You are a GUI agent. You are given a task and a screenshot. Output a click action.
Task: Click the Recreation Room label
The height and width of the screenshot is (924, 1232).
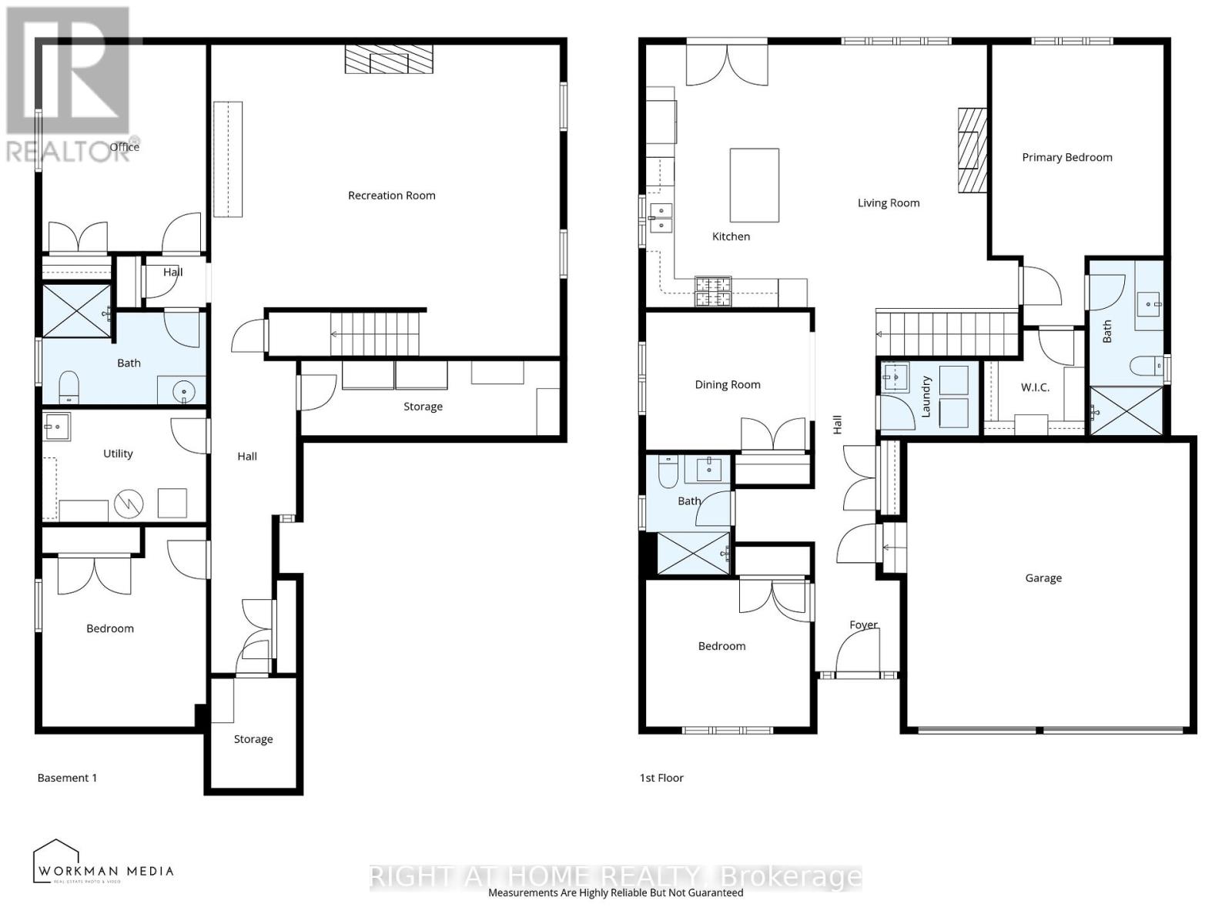[391, 196]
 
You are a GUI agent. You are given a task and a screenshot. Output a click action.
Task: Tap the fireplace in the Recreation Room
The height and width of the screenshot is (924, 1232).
[389, 59]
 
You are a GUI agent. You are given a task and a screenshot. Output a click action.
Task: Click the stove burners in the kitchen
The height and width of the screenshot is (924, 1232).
[713, 291]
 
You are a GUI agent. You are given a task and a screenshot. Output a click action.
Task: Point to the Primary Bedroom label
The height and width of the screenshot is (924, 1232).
[1066, 157]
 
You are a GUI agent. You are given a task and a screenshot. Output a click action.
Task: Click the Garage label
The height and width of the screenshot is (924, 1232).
[1043, 577]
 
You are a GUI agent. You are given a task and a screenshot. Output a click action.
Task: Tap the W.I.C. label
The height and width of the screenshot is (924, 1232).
[1035, 387]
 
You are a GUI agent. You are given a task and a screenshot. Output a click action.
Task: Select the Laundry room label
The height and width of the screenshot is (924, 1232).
[926, 397]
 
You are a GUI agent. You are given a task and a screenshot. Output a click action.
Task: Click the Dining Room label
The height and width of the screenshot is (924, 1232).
[727, 384]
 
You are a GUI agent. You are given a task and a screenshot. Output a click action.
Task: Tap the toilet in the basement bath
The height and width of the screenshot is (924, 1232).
[69, 387]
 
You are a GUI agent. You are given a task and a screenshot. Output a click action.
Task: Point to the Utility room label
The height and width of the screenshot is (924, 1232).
[118, 454]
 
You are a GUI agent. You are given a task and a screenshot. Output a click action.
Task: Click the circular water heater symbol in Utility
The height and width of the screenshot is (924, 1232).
[129, 504]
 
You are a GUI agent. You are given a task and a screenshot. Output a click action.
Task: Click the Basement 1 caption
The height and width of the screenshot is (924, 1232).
[67, 778]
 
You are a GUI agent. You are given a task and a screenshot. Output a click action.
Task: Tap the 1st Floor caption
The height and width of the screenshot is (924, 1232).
[661, 778]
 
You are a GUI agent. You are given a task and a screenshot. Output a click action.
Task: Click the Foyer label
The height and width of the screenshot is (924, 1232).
[863, 624]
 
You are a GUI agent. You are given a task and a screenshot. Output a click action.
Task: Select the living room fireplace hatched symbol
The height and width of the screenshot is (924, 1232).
[972, 149]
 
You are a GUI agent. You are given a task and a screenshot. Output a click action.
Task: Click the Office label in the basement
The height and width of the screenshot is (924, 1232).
[124, 147]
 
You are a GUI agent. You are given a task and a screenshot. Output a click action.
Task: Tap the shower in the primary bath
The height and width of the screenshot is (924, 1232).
[1126, 410]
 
